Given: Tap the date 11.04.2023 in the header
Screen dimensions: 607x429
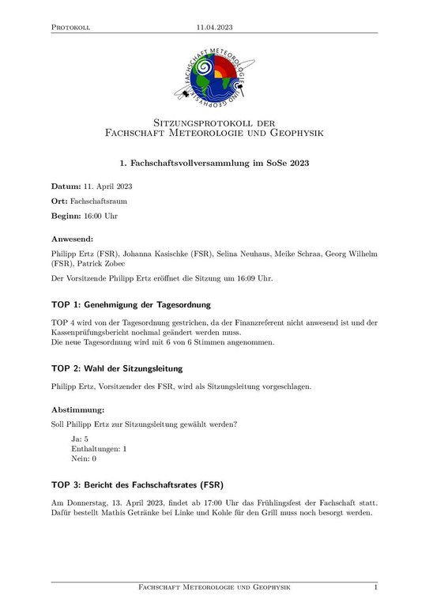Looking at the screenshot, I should coord(214,27).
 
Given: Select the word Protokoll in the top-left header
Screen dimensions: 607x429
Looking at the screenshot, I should coord(70,27).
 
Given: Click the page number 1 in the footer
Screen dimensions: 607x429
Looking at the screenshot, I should coord(375,587).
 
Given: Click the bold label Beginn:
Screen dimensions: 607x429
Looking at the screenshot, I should coord(67,215).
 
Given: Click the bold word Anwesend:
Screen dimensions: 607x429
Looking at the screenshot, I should coord(73,238).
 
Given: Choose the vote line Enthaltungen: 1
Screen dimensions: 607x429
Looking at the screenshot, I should coord(99,448).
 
